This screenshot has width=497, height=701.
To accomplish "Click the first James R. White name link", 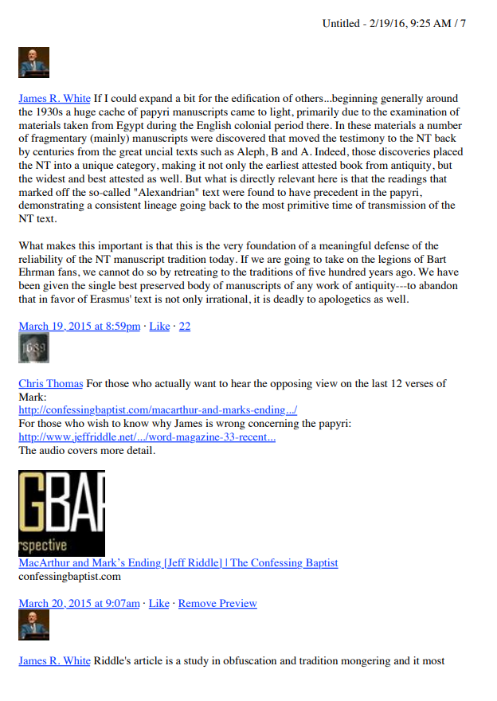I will point(54,99).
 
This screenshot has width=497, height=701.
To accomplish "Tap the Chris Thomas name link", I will point(50,383).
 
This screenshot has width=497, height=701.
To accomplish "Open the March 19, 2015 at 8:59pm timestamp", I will point(79,326).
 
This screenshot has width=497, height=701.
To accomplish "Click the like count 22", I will point(184,326).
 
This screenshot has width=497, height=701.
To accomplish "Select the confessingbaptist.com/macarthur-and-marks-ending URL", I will point(158,410).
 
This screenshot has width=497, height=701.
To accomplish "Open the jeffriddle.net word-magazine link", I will point(147,437).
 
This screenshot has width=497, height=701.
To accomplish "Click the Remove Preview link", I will point(217,603).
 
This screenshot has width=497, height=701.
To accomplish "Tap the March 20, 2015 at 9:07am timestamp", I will point(79,603).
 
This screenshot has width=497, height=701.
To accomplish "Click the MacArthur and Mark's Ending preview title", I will point(178,562).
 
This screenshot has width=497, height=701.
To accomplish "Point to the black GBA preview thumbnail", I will point(61,513).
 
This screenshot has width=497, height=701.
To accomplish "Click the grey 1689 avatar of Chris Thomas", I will point(33,348).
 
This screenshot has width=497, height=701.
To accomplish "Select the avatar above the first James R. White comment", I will point(33,62).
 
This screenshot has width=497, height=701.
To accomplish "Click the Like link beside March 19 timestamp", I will point(160,326).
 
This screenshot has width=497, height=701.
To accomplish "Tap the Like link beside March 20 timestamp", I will point(159,603).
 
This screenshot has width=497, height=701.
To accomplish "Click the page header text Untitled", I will point(341,23).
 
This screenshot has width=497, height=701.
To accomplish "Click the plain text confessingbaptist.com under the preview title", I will point(69,576).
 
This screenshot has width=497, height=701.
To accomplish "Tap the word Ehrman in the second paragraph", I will point(38,273).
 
